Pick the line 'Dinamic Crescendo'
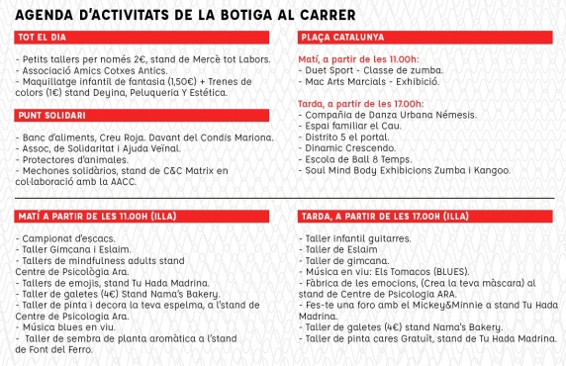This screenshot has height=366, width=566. coord(351,145)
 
